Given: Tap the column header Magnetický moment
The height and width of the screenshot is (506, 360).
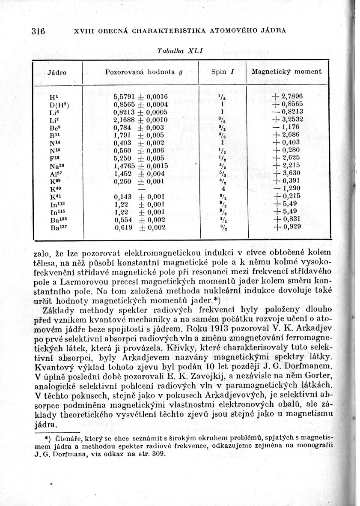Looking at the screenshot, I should coord(286,72).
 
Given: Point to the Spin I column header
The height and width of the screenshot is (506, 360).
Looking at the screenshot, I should coord(222,72).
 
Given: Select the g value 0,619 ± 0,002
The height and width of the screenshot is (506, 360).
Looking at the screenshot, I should coord(140,228).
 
